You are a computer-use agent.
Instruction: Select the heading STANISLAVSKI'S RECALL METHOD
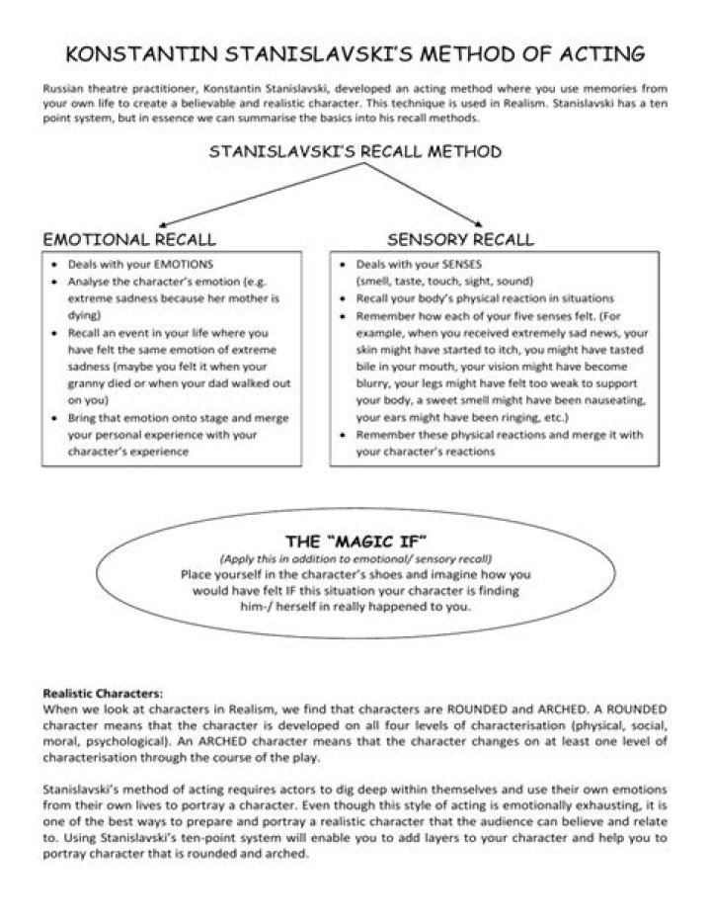[355, 152]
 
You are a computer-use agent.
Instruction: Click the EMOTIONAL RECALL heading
[129, 239]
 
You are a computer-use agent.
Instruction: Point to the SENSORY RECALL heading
[460, 239]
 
